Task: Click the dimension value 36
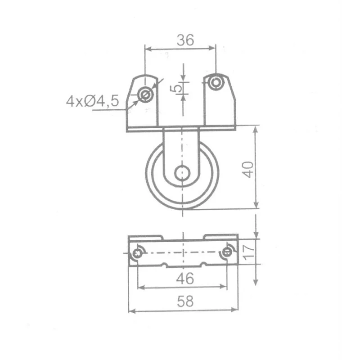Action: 185,40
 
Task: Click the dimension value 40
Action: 248,170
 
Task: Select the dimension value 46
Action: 185,278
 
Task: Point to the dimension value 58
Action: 185,301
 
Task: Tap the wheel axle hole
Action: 182,173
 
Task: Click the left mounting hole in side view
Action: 145,94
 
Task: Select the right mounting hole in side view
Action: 216,82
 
